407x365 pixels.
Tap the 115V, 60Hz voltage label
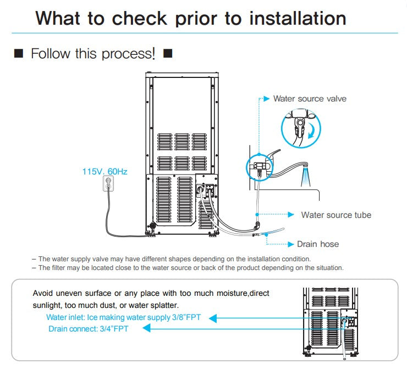[x=105, y=172]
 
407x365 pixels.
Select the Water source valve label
[x=310, y=99]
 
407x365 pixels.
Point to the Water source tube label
[x=336, y=215]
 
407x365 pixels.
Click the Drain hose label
[x=318, y=244]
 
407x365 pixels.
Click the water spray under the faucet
[x=304, y=178]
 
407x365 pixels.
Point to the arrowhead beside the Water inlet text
[x=214, y=318]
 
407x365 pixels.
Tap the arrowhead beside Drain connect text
[x=146, y=329]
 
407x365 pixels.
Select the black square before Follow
[x=18, y=54]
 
